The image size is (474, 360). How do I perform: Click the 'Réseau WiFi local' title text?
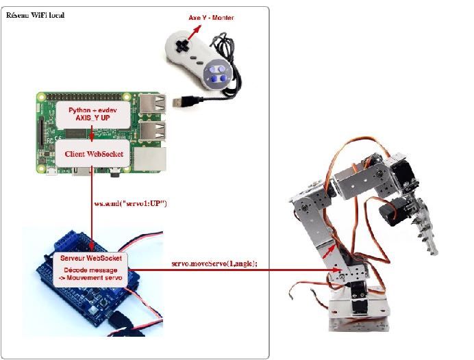click(35, 14)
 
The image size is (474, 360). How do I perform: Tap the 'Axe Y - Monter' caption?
click(211, 17)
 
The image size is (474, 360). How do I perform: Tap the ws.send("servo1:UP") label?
click(130, 203)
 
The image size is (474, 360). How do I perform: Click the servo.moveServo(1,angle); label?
click(214, 263)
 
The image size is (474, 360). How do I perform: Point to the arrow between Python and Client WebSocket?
click(91, 134)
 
